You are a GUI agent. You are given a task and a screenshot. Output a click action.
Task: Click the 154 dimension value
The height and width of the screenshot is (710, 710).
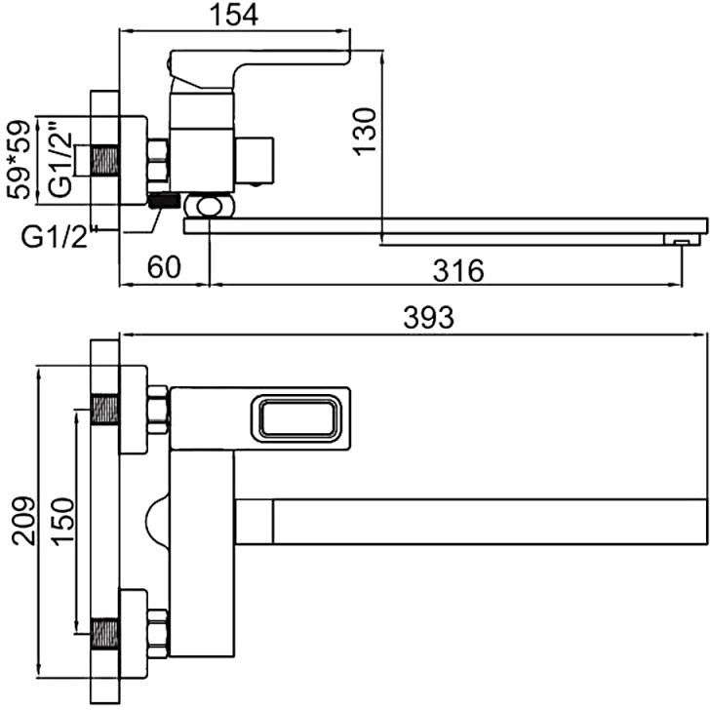tap(234, 15)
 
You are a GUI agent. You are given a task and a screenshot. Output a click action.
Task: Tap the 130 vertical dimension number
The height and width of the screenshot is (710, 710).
tap(365, 132)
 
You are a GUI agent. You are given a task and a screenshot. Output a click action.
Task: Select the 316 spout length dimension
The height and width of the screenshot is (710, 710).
tap(458, 271)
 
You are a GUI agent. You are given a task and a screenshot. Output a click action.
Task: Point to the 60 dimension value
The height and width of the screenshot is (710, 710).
tap(164, 267)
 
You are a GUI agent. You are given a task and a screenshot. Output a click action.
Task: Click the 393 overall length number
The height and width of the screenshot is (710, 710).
tap(428, 317)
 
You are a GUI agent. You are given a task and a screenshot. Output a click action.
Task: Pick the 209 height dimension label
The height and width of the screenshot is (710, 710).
tap(23, 521)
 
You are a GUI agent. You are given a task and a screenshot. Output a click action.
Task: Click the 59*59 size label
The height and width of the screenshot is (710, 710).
tap(20, 159)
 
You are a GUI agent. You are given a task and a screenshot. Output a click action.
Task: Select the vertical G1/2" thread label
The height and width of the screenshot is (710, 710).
tap(60, 159)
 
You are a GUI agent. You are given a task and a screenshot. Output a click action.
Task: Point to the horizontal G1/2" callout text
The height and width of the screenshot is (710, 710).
tap(55, 238)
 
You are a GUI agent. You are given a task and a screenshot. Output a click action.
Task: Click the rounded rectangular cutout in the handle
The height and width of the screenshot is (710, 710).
tap(296, 418)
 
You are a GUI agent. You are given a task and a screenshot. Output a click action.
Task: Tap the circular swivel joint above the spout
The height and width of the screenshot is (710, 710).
tap(210, 206)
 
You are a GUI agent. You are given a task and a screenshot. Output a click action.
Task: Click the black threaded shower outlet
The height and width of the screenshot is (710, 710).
tap(163, 200)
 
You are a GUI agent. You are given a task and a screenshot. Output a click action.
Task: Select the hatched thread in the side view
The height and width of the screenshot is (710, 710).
tap(104, 160)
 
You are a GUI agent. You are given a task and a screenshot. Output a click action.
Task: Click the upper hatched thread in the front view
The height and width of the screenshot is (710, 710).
tap(104, 410)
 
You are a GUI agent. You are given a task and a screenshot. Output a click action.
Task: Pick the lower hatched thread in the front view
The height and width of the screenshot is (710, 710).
tap(104, 633)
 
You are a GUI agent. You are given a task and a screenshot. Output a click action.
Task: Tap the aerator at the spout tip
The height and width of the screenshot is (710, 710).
tap(681, 240)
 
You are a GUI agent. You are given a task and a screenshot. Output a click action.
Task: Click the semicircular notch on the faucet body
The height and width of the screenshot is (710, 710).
tap(157, 521)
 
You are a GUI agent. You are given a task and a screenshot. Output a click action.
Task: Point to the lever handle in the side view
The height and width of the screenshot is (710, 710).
tap(258, 68)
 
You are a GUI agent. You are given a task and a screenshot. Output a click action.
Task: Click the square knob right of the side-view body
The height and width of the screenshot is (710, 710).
tap(254, 160)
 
